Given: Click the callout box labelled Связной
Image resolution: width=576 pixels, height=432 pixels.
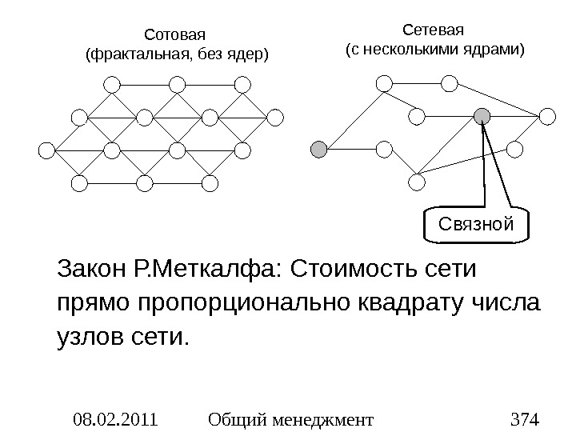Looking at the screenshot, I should click(x=475, y=226).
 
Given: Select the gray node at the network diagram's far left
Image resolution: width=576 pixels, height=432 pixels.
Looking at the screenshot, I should click(x=318, y=149).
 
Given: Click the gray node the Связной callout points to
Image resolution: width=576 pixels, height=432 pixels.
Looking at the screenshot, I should click(x=482, y=117).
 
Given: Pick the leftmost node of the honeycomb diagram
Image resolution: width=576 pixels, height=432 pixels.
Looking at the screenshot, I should click(x=46, y=150).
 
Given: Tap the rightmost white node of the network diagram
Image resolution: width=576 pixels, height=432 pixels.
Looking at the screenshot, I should click(x=547, y=117).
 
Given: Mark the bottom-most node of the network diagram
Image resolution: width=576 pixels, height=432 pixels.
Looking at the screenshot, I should click(x=416, y=183).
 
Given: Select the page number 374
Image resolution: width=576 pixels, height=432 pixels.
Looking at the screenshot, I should click(x=524, y=418).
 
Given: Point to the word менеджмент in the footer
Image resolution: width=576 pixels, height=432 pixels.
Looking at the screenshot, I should click(x=329, y=418).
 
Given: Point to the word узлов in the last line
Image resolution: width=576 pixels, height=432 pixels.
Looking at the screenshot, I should click(x=89, y=339).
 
